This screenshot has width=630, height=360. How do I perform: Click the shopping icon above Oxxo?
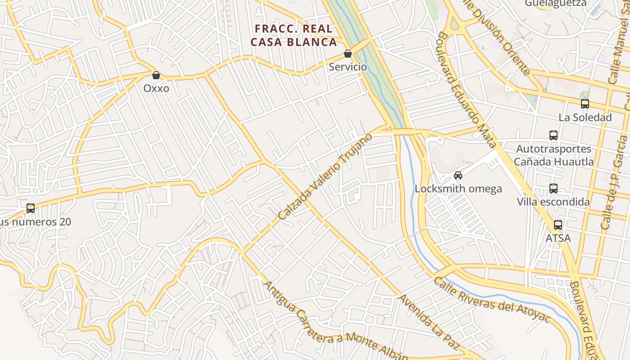tap(156, 75)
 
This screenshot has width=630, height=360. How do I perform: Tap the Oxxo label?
tap(156, 88)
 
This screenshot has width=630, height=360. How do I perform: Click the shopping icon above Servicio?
tap(348, 54)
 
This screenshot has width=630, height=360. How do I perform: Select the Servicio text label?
tap(348, 67)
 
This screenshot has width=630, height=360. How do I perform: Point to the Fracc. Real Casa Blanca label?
tap(294, 36)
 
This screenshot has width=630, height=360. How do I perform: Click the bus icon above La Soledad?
tap(585, 104)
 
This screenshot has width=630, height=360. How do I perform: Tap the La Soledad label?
tap(585, 117)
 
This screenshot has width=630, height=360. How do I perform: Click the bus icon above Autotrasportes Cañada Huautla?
tap(553, 135)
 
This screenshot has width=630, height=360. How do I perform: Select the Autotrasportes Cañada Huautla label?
tap(553, 155)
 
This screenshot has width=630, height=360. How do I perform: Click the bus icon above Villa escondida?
tap(553, 189)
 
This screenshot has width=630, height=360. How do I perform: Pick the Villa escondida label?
tap(553, 202)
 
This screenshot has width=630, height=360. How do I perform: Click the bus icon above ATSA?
tap(558, 225)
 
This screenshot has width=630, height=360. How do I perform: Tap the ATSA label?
tap(558, 238)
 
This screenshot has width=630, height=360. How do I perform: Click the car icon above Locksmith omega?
tap(458, 175)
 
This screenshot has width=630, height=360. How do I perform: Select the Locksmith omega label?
tap(458, 189)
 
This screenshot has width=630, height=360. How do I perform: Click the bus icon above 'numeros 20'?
tap(31, 208)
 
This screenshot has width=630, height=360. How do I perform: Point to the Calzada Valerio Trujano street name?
tap(325, 176)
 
